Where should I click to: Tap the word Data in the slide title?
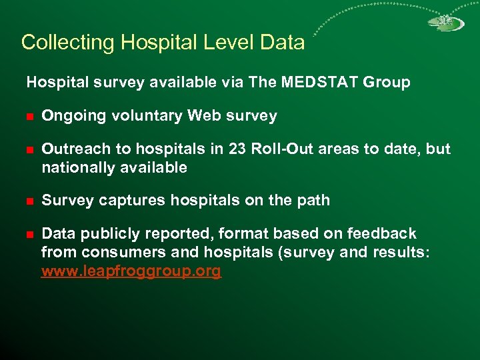tap(282, 43)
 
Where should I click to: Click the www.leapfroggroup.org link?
tap(131, 271)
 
